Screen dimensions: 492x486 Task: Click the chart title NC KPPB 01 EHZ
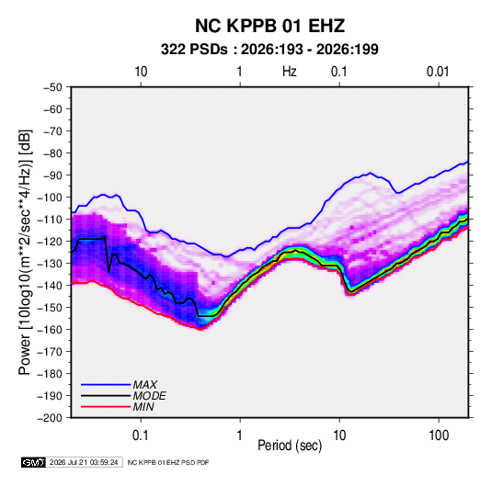click(269, 26)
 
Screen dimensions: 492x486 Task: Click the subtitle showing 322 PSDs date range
click(269, 50)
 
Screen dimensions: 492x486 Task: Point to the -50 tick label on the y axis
click(52, 87)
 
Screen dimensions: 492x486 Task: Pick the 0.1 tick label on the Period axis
click(141, 435)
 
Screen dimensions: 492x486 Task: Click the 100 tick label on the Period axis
click(439, 435)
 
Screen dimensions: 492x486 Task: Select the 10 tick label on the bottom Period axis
click(339, 435)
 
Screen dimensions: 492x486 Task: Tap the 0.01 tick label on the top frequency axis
click(438, 72)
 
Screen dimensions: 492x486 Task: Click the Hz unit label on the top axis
click(290, 72)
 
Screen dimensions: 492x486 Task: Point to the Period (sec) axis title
click(290, 446)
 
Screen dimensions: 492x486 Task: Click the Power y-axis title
click(25, 253)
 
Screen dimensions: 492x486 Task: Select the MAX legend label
click(145, 384)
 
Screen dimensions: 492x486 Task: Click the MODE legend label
click(149, 396)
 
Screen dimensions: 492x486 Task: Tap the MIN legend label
click(143, 407)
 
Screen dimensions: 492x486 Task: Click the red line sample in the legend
click(106, 407)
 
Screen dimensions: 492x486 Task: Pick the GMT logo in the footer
click(34, 462)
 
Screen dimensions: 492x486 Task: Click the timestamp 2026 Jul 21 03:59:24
click(84, 462)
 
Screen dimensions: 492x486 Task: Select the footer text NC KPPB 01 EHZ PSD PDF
click(168, 462)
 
